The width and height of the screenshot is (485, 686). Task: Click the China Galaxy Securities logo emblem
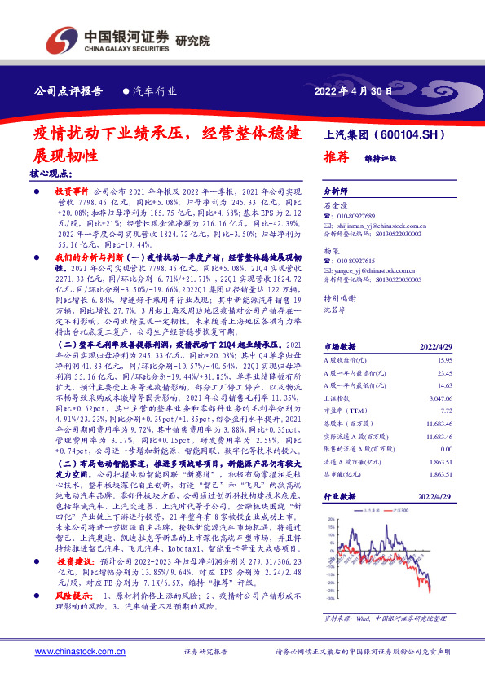[60, 40]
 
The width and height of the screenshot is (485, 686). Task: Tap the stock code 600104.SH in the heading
[415, 134]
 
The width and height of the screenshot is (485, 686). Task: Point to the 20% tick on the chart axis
[331, 518]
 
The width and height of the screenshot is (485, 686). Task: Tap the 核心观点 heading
[51, 174]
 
